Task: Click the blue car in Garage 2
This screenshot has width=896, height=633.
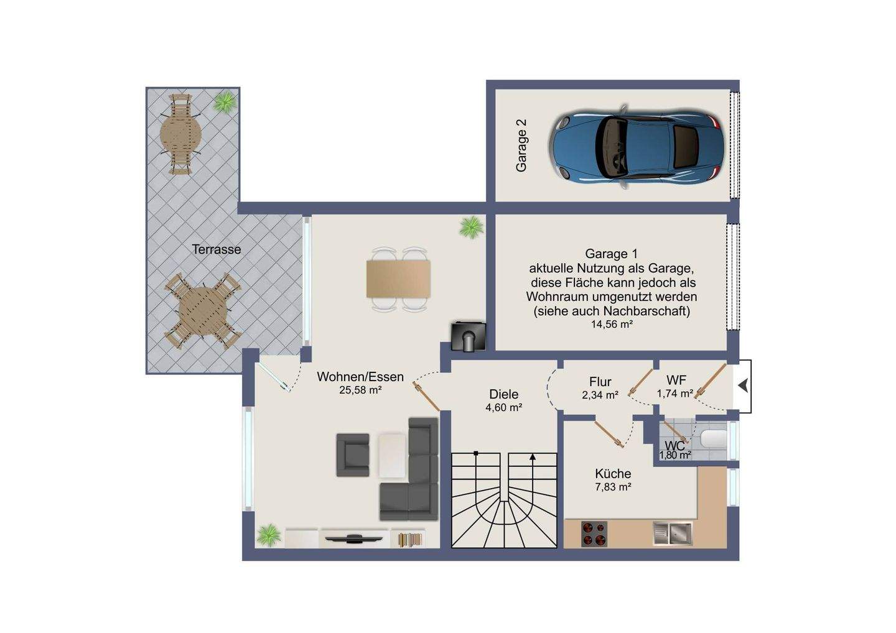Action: coord(636,146)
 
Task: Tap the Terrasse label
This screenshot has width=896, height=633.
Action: coord(217,249)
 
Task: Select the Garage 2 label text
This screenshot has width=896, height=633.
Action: coord(521,146)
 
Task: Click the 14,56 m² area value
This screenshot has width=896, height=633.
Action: coord(612,324)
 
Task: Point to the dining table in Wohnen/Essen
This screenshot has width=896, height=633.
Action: coord(398,279)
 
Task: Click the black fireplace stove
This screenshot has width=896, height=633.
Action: coord(469,336)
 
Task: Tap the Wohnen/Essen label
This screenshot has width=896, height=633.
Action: coord(360,377)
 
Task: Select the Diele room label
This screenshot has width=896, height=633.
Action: coord(503,394)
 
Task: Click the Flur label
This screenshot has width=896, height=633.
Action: coord(600,382)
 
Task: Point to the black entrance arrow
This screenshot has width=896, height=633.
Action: coord(743,386)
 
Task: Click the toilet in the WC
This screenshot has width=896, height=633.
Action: coord(714,439)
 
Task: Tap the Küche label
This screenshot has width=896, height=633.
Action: coord(613,474)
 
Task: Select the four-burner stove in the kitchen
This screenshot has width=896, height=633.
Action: coord(594,534)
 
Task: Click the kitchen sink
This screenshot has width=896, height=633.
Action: coord(673,534)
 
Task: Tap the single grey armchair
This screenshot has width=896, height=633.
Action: coord(352,455)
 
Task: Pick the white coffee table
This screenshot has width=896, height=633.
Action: coord(392,455)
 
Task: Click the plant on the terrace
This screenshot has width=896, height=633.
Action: coord(225,102)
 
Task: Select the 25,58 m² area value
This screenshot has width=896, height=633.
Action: coord(360,390)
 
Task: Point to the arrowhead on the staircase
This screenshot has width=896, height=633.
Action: coord(533,457)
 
